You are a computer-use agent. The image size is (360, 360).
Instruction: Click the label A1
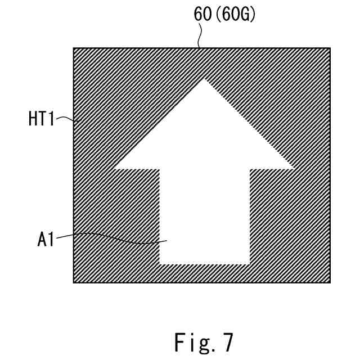coord(46,240)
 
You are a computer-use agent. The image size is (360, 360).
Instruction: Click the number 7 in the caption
coord(226,342)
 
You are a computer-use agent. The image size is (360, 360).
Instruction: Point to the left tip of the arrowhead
coord(115,168)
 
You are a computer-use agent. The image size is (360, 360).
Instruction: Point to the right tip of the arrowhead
coord(294,168)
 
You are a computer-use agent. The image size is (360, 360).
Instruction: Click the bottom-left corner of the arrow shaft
coord(160,264)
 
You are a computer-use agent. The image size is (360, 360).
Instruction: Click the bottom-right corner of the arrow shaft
coord(249,264)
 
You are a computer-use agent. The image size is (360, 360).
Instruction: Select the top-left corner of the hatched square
coord(74,48)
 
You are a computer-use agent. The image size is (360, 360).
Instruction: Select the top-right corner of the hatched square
coord(330,48)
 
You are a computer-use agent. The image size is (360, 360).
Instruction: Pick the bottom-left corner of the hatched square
coord(74,282)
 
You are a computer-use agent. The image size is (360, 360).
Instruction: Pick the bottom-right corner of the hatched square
coord(330,282)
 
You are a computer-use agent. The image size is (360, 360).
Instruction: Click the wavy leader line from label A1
coord(112,236)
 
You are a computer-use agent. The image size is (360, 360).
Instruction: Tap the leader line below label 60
coord(199,36)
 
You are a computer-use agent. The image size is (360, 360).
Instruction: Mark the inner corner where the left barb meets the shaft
coord(160,168)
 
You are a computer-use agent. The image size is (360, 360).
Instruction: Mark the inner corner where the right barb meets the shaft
coord(249,168)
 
